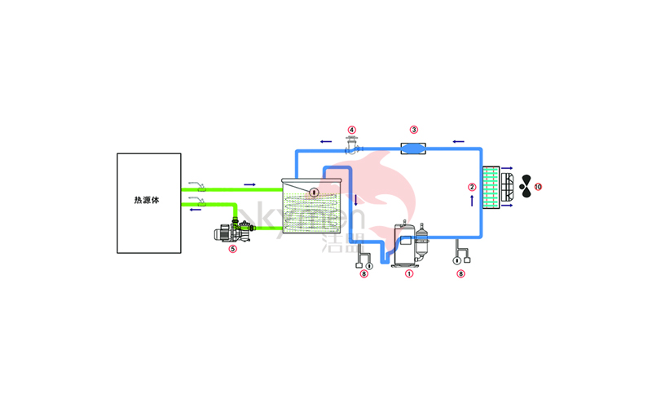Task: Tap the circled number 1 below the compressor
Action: pos(410,274)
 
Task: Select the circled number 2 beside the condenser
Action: pos(472,187)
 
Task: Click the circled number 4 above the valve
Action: pos(352,130)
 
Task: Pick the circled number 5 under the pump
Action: pos(233,249)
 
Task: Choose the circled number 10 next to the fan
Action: pos(538,187)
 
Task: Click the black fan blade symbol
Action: pos(526,187)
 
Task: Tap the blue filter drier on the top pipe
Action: pos(414,149)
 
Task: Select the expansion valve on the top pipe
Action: pos(352,147)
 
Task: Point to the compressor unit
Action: pos(410,243)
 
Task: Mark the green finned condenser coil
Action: pos(491,187)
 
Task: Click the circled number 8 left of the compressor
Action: pos(363,274)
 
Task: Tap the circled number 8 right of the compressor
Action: pos(461,274)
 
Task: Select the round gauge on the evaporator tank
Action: pos(315,192)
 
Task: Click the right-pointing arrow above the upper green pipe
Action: pos(249,184)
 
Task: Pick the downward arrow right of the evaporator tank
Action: pos(356,200)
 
